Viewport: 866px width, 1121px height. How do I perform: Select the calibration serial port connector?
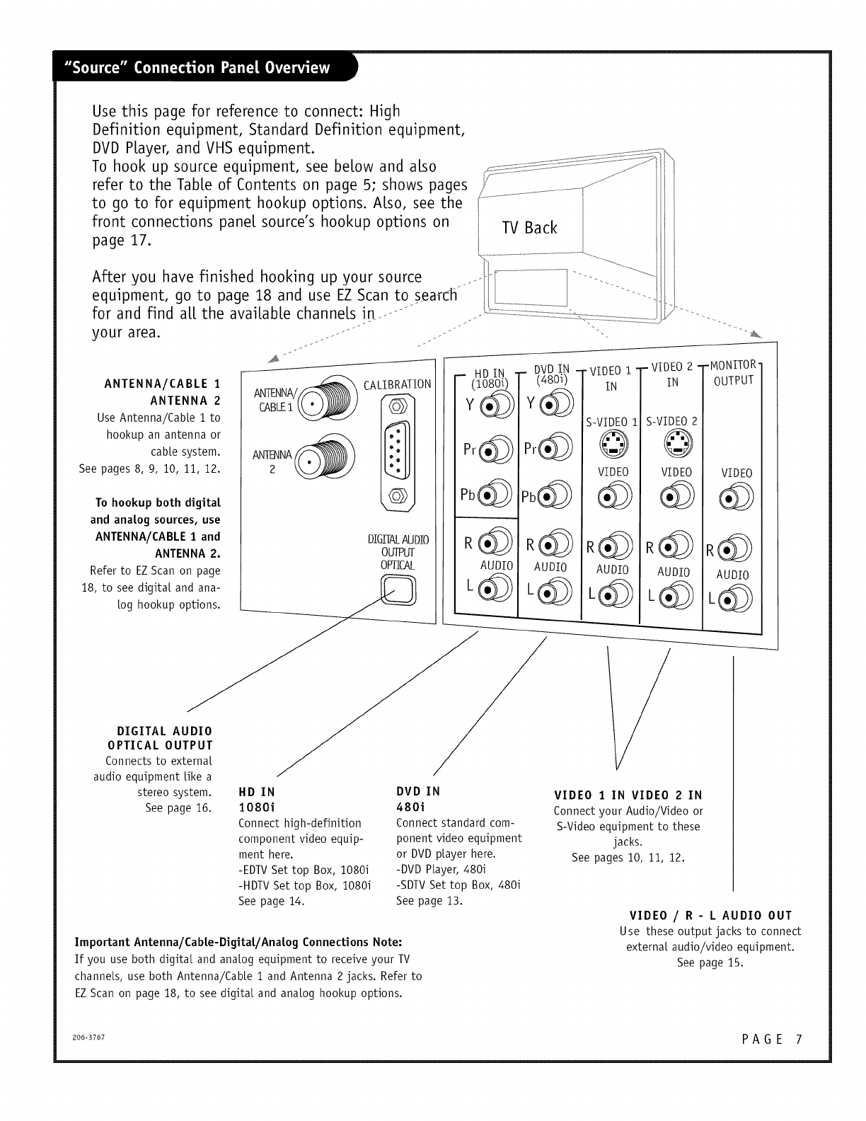click(397, 452)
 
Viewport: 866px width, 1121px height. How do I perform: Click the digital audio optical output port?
click(398, 590)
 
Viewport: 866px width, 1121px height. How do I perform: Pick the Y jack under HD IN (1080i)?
click(497, 406)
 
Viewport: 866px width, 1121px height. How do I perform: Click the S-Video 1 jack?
click(613, 443)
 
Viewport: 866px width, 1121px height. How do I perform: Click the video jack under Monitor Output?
click(736, 497)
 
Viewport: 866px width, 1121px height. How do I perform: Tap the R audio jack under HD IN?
click(495, 542)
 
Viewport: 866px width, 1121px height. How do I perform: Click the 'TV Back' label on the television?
click(529, 227)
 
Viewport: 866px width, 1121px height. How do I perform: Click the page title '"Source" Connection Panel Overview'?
click(197, 67)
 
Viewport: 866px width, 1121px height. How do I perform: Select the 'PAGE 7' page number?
click(772, 1039)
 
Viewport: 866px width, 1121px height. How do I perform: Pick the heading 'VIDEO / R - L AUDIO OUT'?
click(710, 916)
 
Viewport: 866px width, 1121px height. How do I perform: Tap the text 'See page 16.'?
click(178, 808)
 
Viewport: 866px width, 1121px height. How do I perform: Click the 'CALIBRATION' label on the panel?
click(397, 385)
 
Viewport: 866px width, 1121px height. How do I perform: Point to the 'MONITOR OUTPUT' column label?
click(733, 373)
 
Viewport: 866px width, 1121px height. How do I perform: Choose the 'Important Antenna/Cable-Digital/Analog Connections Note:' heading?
click(238, 943)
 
